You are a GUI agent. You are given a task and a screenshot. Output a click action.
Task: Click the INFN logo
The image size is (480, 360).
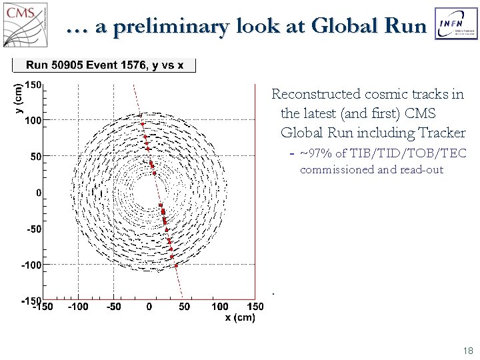coord(456,25)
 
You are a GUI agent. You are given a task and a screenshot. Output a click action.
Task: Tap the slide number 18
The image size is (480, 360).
coord(467,350)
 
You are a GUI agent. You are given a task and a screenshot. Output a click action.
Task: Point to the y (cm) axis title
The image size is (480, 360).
coord(18,97)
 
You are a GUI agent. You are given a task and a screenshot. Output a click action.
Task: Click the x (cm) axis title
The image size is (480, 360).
coord(240,317)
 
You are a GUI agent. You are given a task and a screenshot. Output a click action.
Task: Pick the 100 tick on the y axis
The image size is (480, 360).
coord(33,121)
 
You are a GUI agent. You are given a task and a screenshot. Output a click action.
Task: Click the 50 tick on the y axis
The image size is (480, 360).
coord(36,157)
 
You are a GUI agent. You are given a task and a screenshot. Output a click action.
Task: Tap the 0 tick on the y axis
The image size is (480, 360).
coord(39,193)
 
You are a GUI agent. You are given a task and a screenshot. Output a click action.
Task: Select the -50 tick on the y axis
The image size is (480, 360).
coord(33,229)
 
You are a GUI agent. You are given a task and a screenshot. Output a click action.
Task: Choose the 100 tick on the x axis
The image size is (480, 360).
coord(219,307)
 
